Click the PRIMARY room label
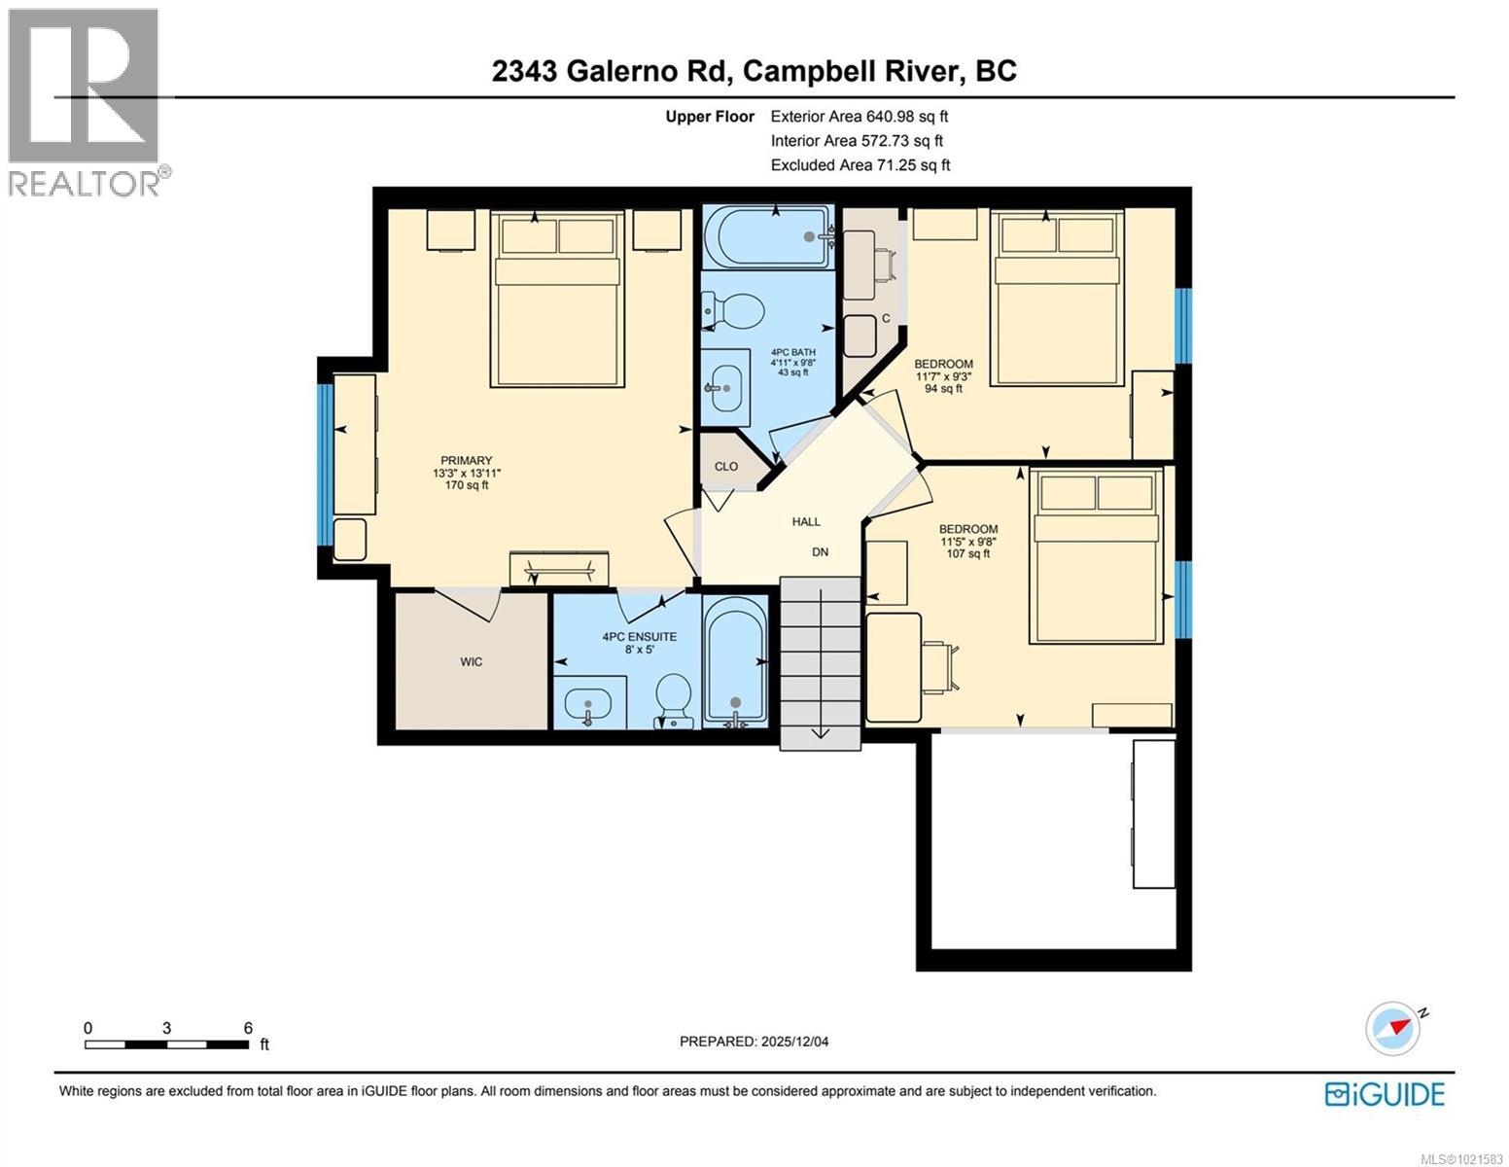pos(466,461)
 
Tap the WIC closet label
pos(472,662)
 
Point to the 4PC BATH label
pos(792,352)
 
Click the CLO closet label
pos(726,467)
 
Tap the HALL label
pos(806,522)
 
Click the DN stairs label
pos(820,552)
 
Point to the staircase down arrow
pos(820,730)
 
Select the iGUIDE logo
pos(1385,1094)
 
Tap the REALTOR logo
pos(86,102)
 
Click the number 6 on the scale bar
pos(248,1028)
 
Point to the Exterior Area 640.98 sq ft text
pos(859,117)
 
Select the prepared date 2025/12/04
pos(754,1042)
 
